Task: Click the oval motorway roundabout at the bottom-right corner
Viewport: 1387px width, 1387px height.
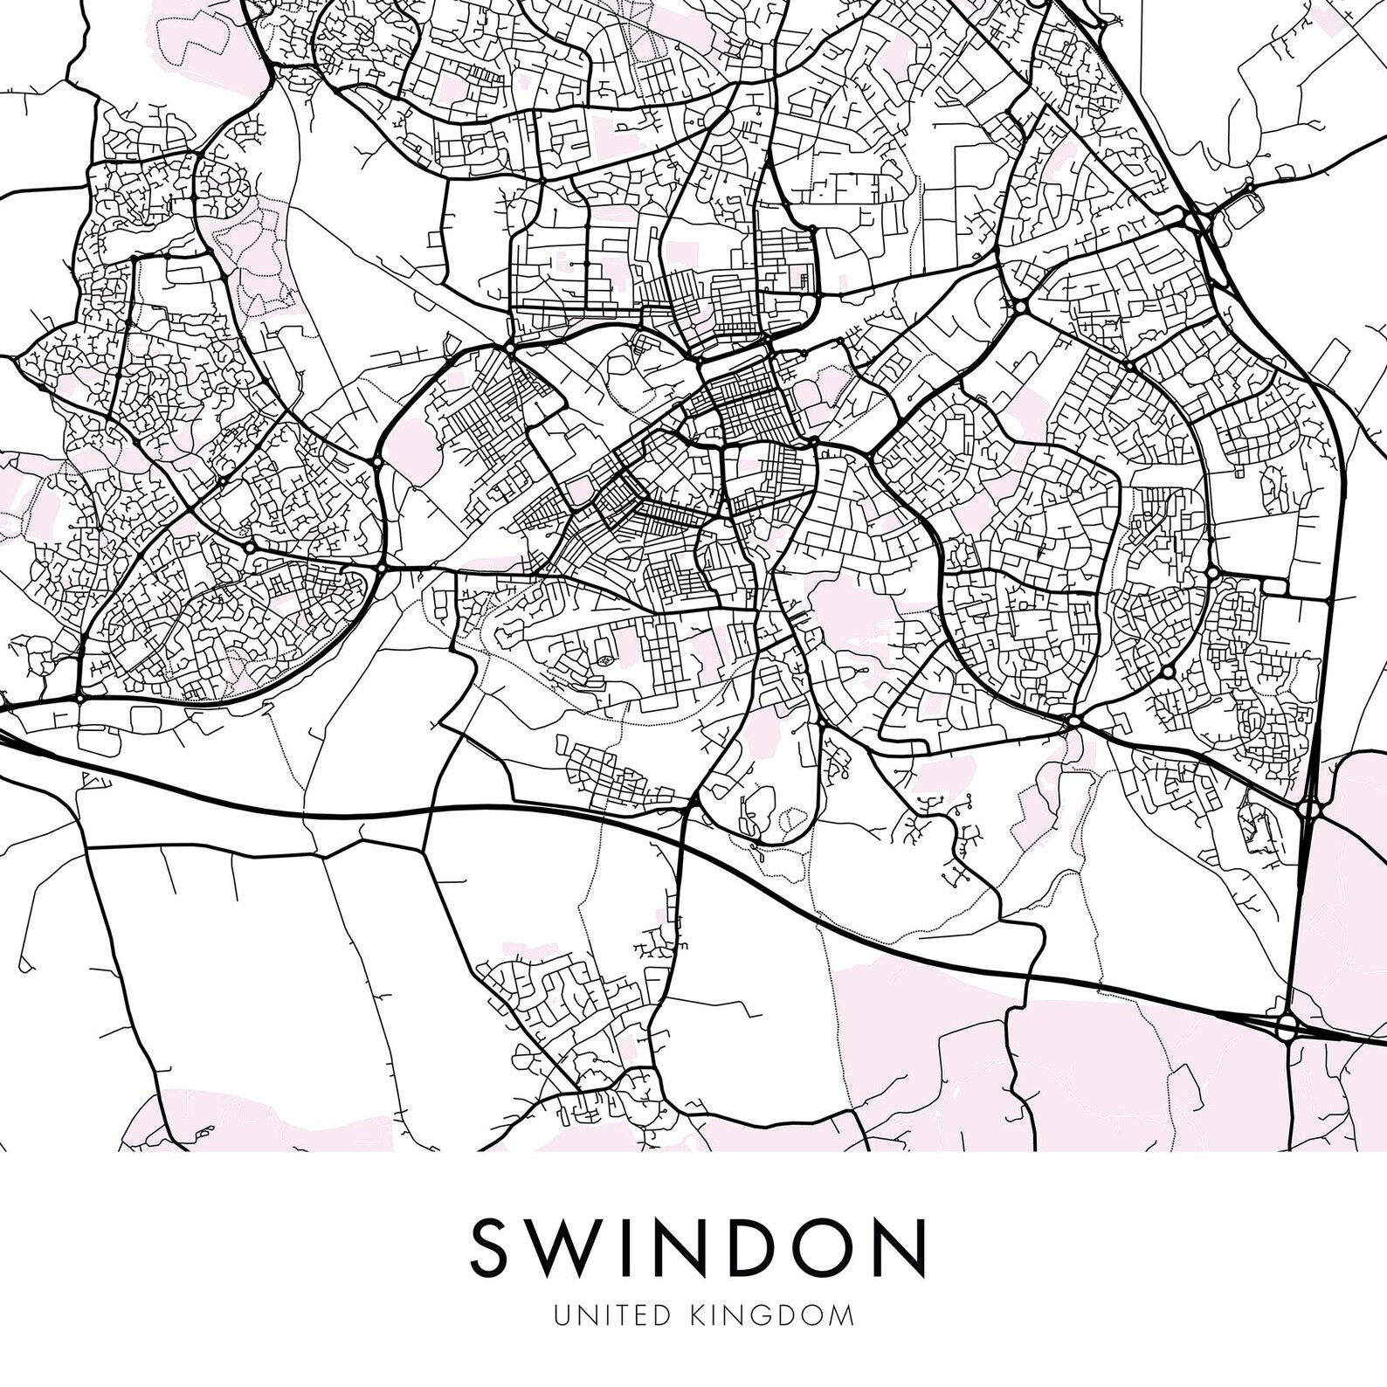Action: [x=1287, y=1027]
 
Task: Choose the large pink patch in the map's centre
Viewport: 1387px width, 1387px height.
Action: [x=844, y=611]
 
